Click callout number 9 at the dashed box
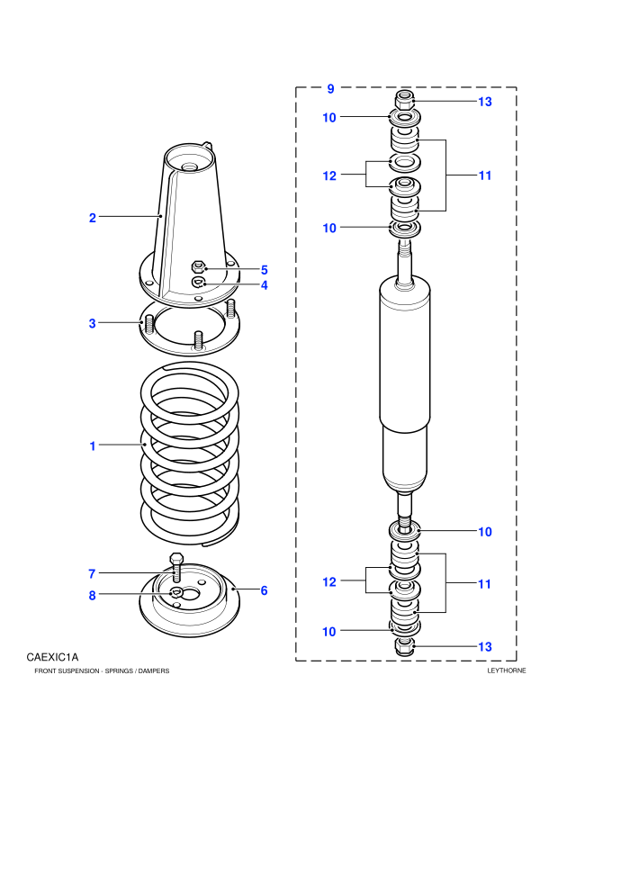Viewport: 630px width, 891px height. (x=330, y=88)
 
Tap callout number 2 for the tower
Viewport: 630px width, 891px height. (x=92, y=218)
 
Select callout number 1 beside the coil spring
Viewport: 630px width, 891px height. (x=93, y=446)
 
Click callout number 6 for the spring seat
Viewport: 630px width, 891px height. (x=265, y=591)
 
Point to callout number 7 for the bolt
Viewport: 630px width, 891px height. (x=92, y=574)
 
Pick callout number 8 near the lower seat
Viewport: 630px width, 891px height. (x=92, y=596)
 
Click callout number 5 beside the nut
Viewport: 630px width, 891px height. (x=265, y=270)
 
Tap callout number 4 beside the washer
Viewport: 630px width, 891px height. (x=265, y=285)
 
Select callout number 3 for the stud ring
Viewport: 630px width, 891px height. (x=92, y=323)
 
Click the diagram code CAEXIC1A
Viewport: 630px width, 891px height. (x=52, y=658)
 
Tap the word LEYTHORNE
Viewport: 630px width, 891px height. (x=507, y=670)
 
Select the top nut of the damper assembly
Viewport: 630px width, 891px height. (x=404, y=100)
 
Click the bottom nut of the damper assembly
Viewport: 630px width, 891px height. (x=403, y=646)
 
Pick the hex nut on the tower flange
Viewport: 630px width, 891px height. (x=198, y=265)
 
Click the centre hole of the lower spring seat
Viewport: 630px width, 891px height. (x=189, y=594)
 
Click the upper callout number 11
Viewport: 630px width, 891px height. (x=484, y=175)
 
